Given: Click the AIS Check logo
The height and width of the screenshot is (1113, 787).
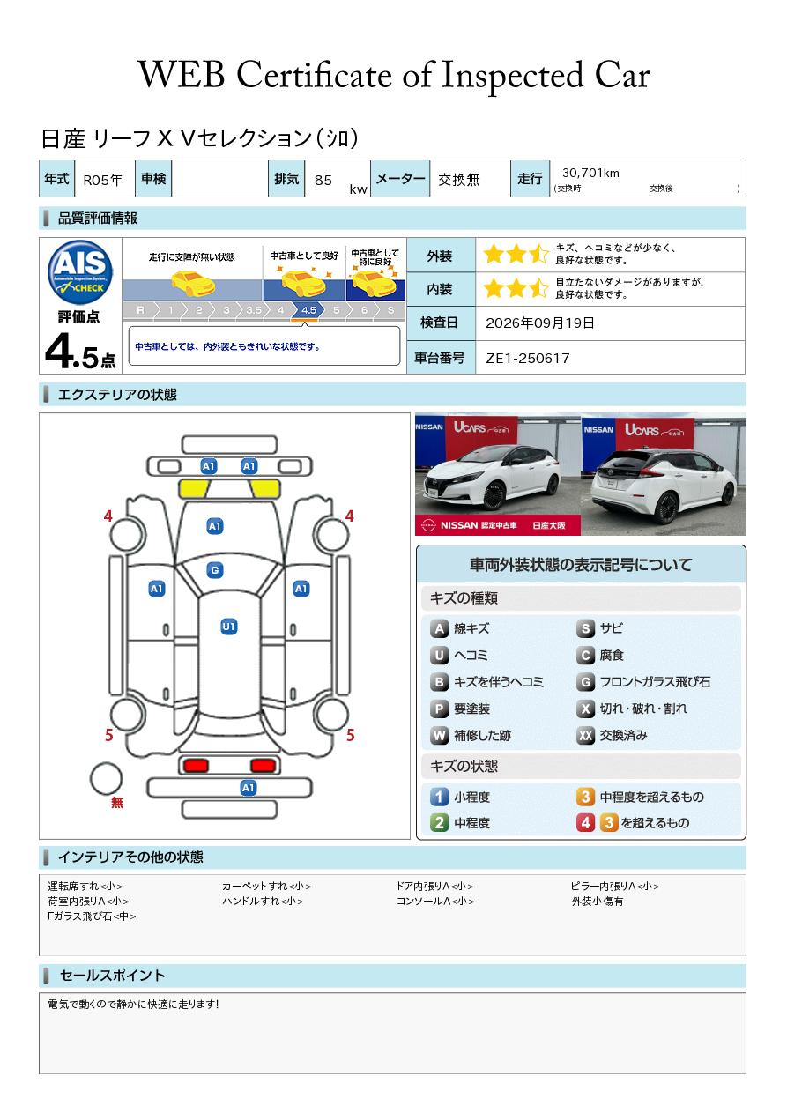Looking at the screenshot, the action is click(80, 272).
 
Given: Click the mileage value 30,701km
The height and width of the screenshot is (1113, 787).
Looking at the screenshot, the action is click(590, 173).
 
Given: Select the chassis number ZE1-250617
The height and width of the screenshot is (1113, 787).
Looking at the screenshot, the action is click(527, 358).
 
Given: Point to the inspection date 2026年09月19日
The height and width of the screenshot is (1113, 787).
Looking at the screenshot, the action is click(539, 323).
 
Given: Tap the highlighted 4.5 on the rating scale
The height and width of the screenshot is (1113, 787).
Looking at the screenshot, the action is click(308, 310).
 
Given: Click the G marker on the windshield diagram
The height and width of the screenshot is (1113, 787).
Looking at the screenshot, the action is click(215, 570).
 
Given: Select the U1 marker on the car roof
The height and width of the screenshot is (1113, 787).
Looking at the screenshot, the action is click(228, 627).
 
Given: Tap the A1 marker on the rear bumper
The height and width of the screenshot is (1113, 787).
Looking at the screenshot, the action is click(248, 788).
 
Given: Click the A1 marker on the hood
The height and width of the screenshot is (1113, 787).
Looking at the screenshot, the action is click(215, 526).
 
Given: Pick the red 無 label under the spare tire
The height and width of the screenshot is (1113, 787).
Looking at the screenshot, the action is click(116, 802).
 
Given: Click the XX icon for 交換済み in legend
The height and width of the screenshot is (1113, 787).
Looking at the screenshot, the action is click(585, 735).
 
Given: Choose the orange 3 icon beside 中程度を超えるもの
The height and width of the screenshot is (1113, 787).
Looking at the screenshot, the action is click(585, 797).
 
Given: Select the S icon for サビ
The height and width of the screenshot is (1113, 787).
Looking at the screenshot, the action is click(585, 628).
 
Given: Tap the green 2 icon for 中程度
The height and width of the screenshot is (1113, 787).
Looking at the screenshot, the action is click(439, 823).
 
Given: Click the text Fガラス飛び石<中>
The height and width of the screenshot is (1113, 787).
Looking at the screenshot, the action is click(92, 916).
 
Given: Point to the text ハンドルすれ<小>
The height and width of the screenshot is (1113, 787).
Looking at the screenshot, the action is click(263, 901).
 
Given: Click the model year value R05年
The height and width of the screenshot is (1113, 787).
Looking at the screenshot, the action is click(103, 180).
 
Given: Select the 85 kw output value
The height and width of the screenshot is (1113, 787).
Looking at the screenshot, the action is click(341, 182).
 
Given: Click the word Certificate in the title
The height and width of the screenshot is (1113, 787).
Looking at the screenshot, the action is click(315, 75).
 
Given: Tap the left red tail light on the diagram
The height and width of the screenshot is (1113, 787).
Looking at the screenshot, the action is click(196, 765).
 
